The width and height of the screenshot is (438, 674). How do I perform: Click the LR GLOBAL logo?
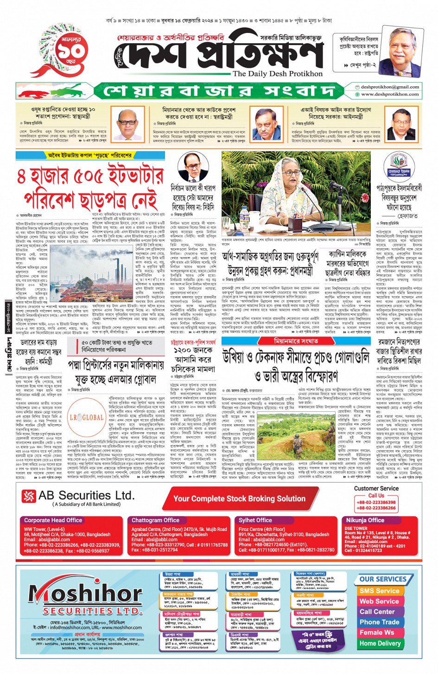click(87, 417)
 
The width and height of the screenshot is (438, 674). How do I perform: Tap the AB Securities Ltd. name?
click(86, 495)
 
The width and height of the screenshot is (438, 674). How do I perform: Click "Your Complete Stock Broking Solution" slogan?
click(239, 499)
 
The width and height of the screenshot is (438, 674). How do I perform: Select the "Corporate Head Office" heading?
click(53, 520)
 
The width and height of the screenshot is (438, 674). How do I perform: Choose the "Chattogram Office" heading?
click(155, 520)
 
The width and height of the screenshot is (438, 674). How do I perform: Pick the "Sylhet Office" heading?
click(255, 520)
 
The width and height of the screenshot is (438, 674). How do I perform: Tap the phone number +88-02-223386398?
click(376, 502)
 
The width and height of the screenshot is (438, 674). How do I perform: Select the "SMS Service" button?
click(379, 591)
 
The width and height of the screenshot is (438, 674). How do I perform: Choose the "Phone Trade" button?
click(379, 622)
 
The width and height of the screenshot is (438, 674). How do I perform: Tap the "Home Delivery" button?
click(380, 643)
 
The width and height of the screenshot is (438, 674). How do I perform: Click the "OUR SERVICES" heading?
click(383, 579)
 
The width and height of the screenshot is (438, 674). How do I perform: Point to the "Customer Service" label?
click(376, 488)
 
